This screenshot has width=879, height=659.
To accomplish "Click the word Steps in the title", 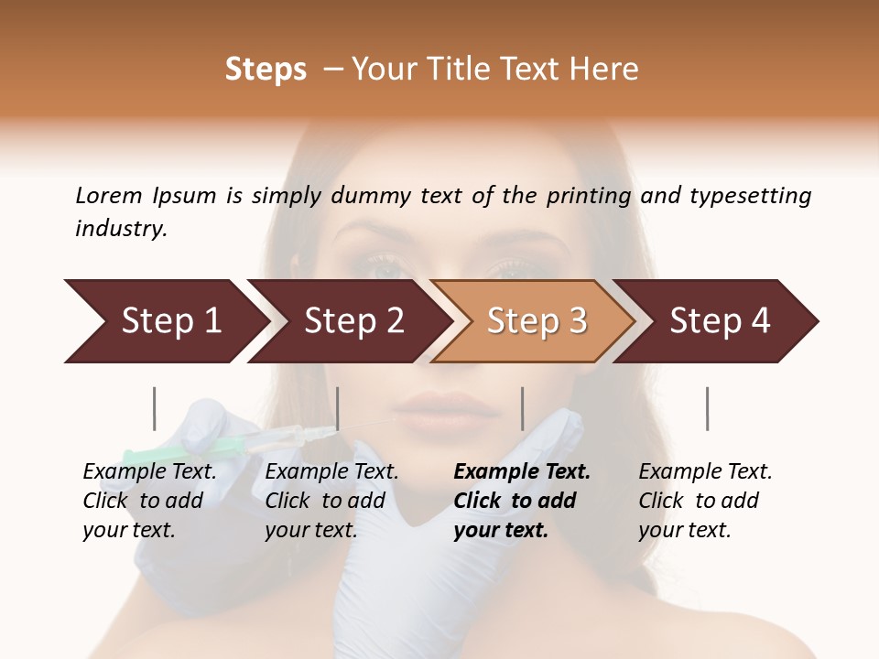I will [x=266, y=70].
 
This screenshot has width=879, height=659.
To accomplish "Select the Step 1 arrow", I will [x=165, y=321].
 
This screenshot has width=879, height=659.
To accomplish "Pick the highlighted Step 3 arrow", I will [x=535, y=321].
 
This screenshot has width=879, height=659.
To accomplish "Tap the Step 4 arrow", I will [x=718, y=321].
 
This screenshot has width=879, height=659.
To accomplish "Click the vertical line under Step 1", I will [x=155, y=408].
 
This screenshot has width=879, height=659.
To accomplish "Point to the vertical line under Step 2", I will [x=338, y=408].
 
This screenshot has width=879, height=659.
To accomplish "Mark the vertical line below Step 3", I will [x=523, y=408].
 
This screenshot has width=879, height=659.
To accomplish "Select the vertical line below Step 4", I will [x=707, y=408].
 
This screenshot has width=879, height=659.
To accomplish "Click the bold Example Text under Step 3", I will [x=522, y=500].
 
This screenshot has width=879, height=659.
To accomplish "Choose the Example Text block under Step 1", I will [x=149, y=500].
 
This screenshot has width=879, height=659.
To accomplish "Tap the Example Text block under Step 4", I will [x=705, y=500].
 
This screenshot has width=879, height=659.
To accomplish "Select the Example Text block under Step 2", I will [x=331, y=500].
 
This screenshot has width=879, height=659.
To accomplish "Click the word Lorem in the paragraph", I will [x=109, y=195].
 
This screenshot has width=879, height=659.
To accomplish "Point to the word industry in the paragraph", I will [x=121, y=229].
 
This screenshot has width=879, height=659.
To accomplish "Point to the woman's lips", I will [x=438, y=408].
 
